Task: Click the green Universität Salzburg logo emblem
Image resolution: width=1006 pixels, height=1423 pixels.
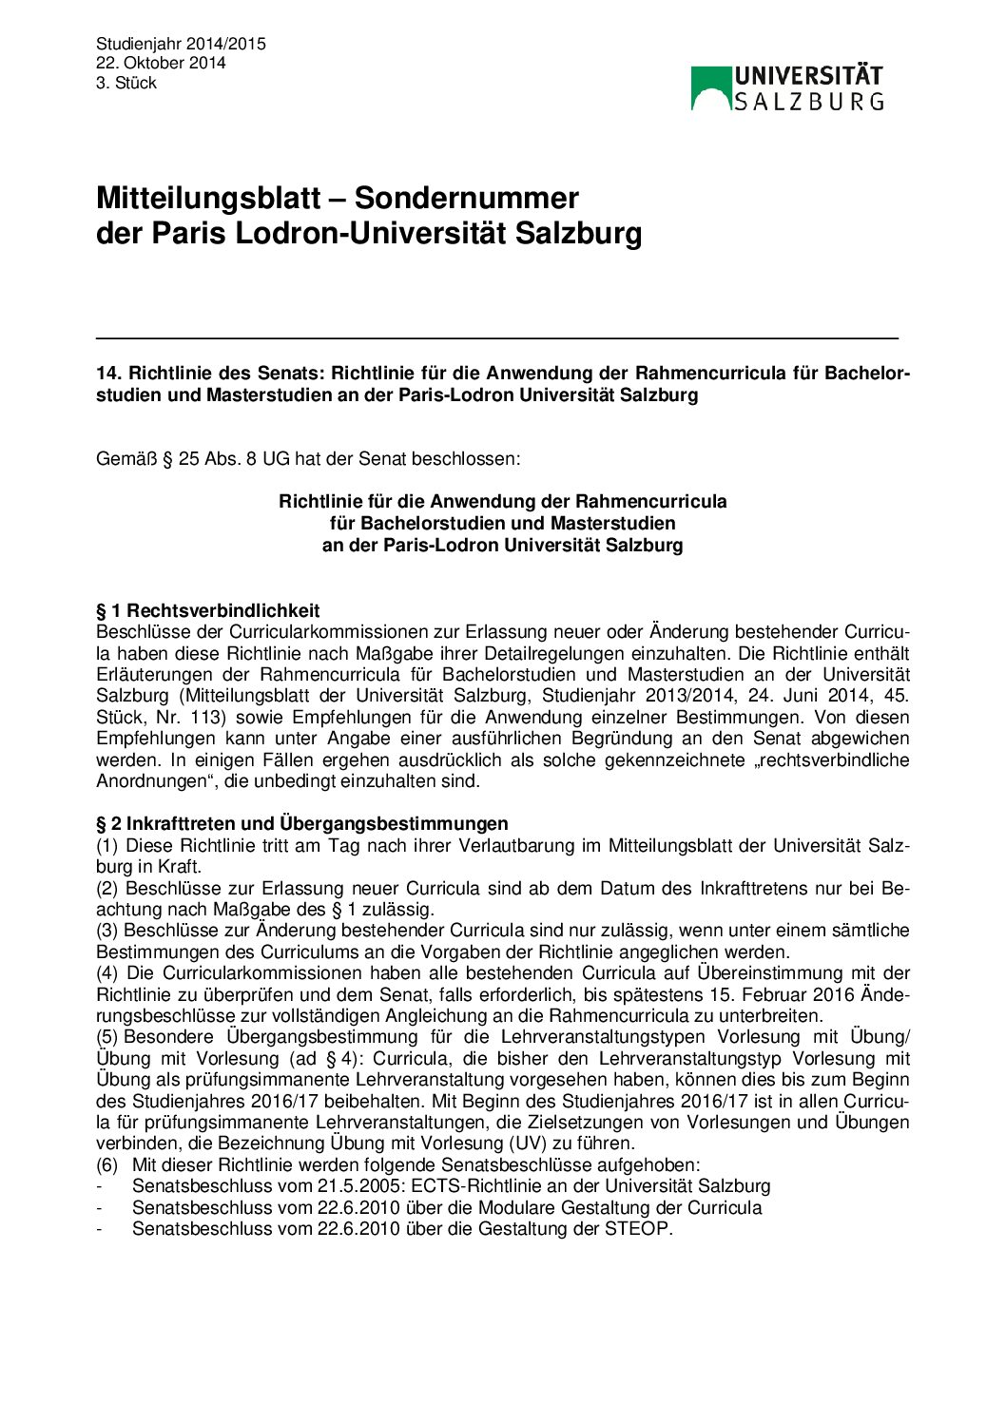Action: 710,87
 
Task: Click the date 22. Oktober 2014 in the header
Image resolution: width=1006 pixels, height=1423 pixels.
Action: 161,63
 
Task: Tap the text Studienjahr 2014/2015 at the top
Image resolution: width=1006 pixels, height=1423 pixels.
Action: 181,44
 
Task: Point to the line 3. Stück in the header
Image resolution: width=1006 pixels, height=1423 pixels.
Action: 126,83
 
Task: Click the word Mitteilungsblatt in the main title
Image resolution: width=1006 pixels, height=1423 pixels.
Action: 207,198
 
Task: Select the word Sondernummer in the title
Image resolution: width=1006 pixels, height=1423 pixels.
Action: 466,198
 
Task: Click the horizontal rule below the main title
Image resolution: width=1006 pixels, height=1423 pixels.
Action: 496,337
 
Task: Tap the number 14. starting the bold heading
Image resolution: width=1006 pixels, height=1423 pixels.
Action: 108,374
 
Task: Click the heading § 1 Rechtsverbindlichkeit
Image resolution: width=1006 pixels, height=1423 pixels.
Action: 207,610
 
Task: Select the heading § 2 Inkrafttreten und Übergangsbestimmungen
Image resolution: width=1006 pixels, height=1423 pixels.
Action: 301,823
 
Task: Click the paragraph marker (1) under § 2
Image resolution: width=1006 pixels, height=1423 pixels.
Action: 107,845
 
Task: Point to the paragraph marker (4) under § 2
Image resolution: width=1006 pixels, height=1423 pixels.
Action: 107,972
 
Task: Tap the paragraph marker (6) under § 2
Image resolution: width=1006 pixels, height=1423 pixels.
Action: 107,1164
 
